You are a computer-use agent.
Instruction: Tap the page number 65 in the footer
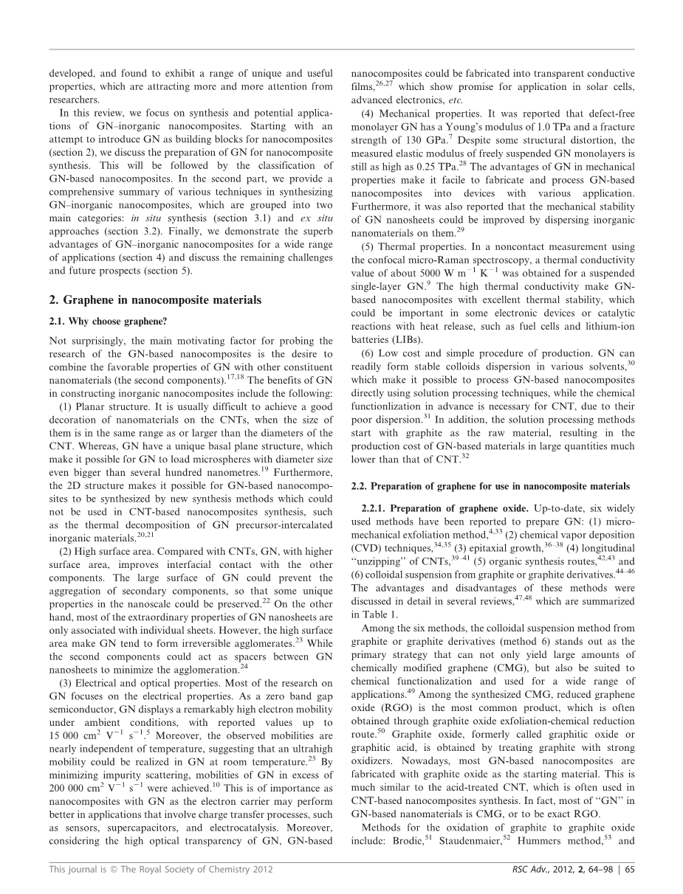(628, 869)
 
